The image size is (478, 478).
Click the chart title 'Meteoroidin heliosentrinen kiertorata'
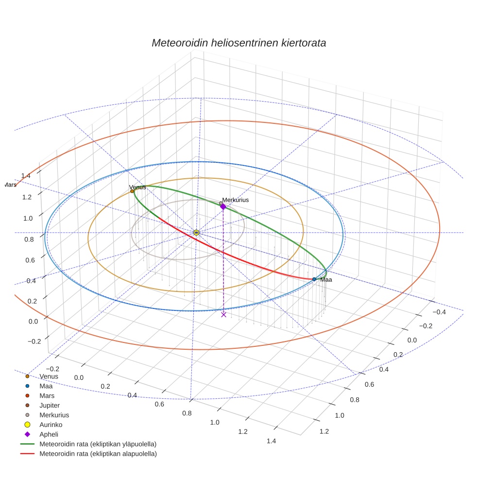239,43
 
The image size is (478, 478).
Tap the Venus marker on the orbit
132,191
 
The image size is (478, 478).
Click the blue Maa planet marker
314,279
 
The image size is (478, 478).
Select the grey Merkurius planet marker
221,203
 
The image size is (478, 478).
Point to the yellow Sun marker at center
196,233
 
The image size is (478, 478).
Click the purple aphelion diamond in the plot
223,206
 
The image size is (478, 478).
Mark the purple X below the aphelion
223,314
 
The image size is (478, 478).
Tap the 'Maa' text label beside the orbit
326,279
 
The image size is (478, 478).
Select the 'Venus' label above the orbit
137,187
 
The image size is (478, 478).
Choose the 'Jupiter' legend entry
50,405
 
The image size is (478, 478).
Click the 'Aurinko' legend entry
51,425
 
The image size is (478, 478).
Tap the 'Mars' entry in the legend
47,395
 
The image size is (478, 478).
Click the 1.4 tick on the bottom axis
272,441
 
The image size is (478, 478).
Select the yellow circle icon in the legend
27,425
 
